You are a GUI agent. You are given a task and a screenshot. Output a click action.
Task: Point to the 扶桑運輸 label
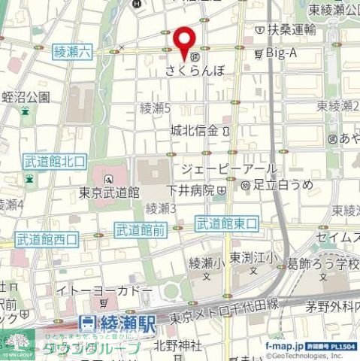[289, 29]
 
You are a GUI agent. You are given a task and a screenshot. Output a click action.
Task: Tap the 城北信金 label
[195, 130]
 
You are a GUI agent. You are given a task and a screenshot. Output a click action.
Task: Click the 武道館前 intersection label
[141, 230]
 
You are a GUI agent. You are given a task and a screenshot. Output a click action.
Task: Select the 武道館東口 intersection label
[226, 223]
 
